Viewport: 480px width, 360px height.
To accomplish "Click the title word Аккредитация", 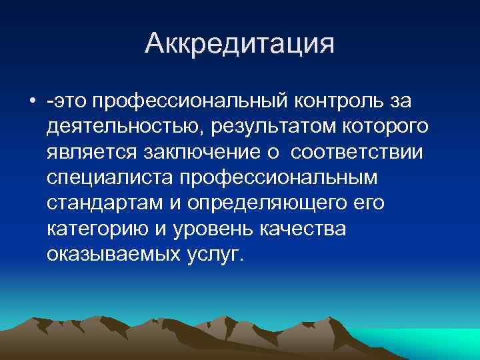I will click(x=239, y=45).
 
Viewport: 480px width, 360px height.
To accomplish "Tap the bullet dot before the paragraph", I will click(x=32, y=101).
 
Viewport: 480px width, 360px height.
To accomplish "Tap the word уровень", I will click(x=208, y=229).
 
